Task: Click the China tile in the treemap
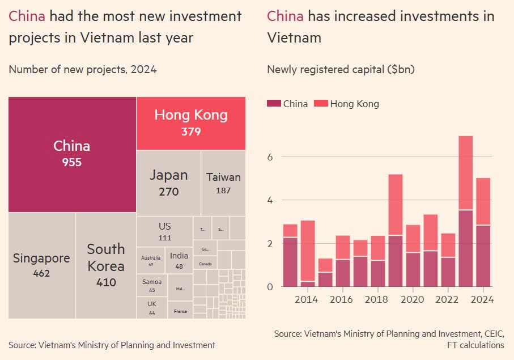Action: coord(72,154)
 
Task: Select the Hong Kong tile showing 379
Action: coord(191,123)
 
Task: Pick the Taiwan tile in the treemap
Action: coord(223,183)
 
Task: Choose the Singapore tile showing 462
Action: coord(42,265)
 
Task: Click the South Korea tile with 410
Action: coord(106,265)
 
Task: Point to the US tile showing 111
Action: coord(164,231)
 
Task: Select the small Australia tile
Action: coord(151,261)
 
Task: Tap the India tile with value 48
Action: coord(179,261)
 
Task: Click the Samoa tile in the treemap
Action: coord(152,285)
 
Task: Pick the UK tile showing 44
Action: coord(152,307)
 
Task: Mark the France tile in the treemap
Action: coord(180,311)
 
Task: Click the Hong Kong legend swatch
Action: coord(321,104)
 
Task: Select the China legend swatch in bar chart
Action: coord(274,104)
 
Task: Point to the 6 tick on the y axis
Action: coord(270,157)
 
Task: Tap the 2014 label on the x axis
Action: coord(306,300)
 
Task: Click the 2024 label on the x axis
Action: coord(482,300)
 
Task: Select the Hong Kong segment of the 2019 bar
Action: coord(396,204)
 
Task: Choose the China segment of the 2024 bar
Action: coord(483,256)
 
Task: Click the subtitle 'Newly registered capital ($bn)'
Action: coord(341,70)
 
